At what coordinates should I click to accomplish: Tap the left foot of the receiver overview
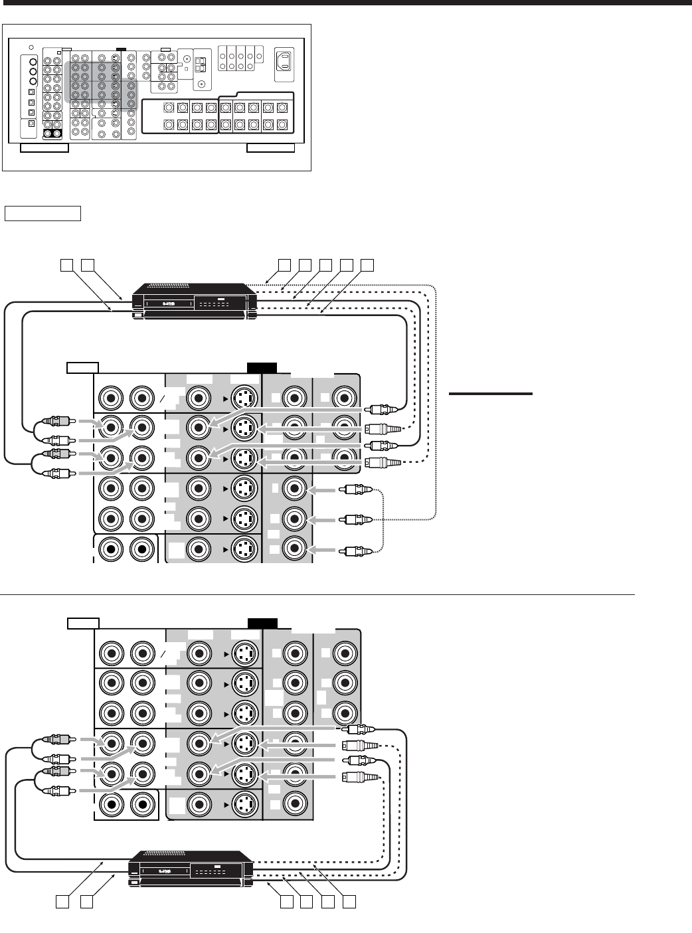click(44, 147)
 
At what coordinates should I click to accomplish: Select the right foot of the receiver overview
click(270, 147)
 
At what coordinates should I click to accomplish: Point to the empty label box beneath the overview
click(43, 213)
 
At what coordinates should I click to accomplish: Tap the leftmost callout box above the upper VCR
click(66, 264)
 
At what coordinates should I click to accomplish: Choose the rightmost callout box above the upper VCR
click(367, 264)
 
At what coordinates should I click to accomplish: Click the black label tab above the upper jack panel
click(261, 367)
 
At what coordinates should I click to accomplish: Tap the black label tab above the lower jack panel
click(262, 623)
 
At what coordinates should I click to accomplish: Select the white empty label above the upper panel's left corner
click(83, 367)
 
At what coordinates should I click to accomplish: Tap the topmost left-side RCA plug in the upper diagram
click(57, 421)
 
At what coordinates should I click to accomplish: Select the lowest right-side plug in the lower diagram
click(359, 777)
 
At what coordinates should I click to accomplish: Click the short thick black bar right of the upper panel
click(490, 394)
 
